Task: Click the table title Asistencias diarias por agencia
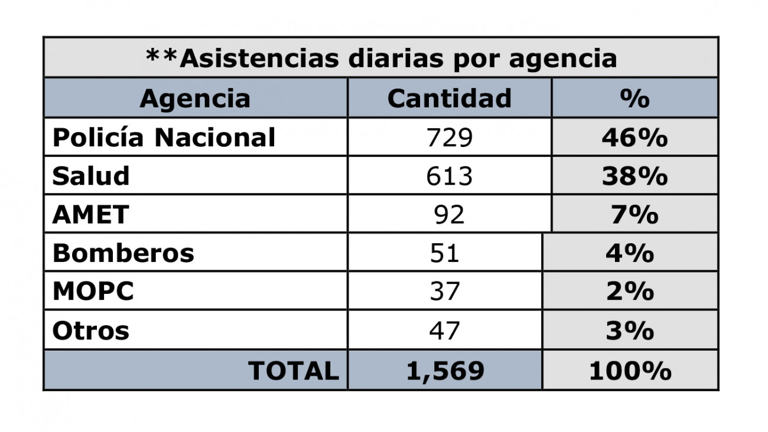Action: [x=381, y=58]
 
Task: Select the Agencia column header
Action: [x=195, y=99]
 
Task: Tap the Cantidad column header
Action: [x=449, y=99]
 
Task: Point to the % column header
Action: [x=634, y=99]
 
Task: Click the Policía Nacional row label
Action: [x=164, y=138]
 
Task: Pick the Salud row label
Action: [x=90, y=176]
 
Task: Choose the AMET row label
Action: [x=90, y=214]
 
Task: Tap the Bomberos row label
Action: [x=123, y=253]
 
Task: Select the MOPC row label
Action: [x=93, y=292]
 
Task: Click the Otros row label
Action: [x=90, y=330]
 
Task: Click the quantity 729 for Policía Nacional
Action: [x=449, y=138]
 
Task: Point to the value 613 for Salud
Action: [x=449, y=176]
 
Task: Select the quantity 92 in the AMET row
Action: [x=449, y=214]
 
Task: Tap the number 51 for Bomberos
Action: [x=445, y=253]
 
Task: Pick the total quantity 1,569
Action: [x=445, y=371]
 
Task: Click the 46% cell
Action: [x=634, y=138]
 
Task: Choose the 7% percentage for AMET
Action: [x=634, y=214]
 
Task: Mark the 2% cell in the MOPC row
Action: [x=630, y=292]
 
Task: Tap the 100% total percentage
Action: [x=630, y=371]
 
